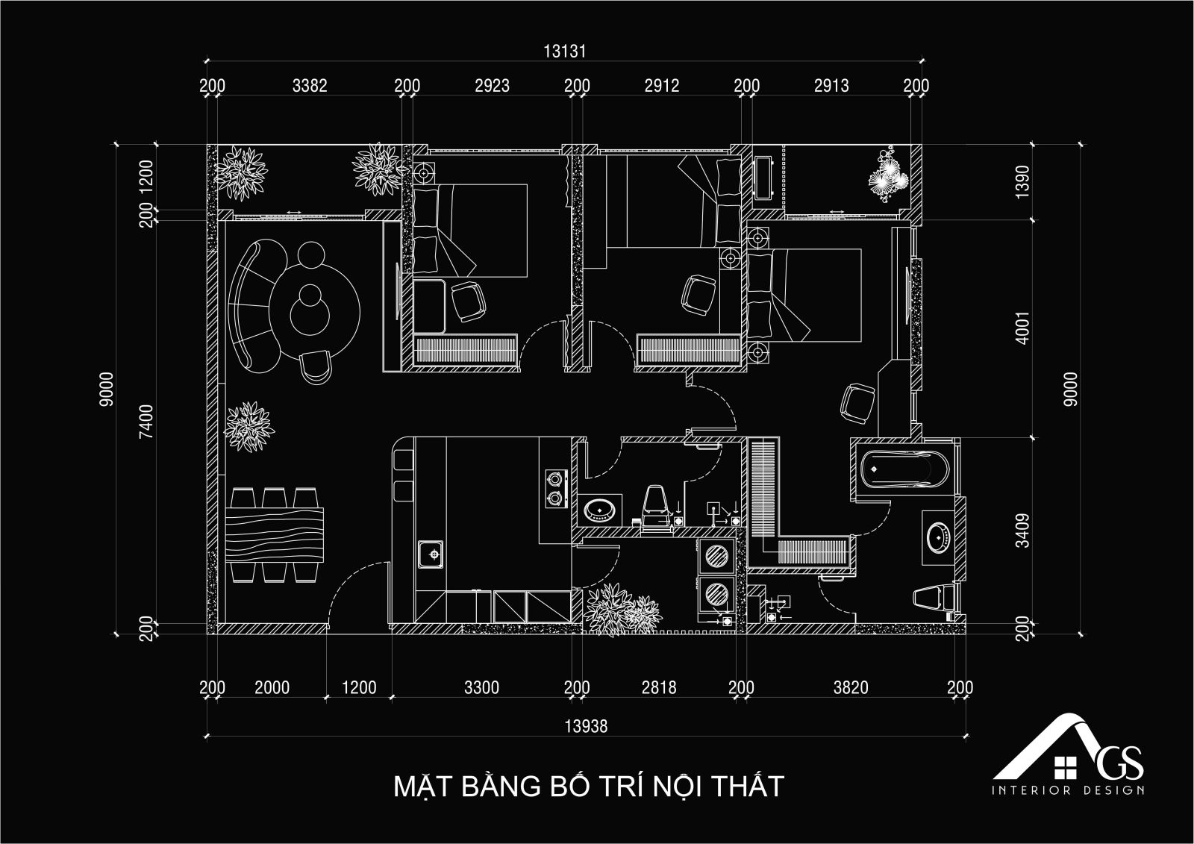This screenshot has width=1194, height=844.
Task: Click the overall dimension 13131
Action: click(564, 51)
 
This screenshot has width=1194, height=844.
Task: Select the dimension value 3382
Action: click(310, 85)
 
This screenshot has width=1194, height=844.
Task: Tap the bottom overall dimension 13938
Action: click(586, 726)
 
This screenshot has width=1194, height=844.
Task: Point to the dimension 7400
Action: click(146, 422)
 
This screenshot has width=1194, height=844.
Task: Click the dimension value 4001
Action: click(1023, 328)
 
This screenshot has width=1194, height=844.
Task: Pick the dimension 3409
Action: click(1023, 531)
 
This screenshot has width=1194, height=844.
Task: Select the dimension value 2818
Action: click(659, 688)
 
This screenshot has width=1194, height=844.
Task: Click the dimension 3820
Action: click(851, 688)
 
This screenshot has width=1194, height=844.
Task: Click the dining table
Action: click(275, 535)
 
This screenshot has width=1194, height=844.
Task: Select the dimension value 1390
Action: click(1023, 182)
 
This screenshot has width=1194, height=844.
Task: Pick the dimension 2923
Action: click(492, 85)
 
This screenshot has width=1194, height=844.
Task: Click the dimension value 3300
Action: click(481, 688)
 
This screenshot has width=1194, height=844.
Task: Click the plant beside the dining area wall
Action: click(249, 427)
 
